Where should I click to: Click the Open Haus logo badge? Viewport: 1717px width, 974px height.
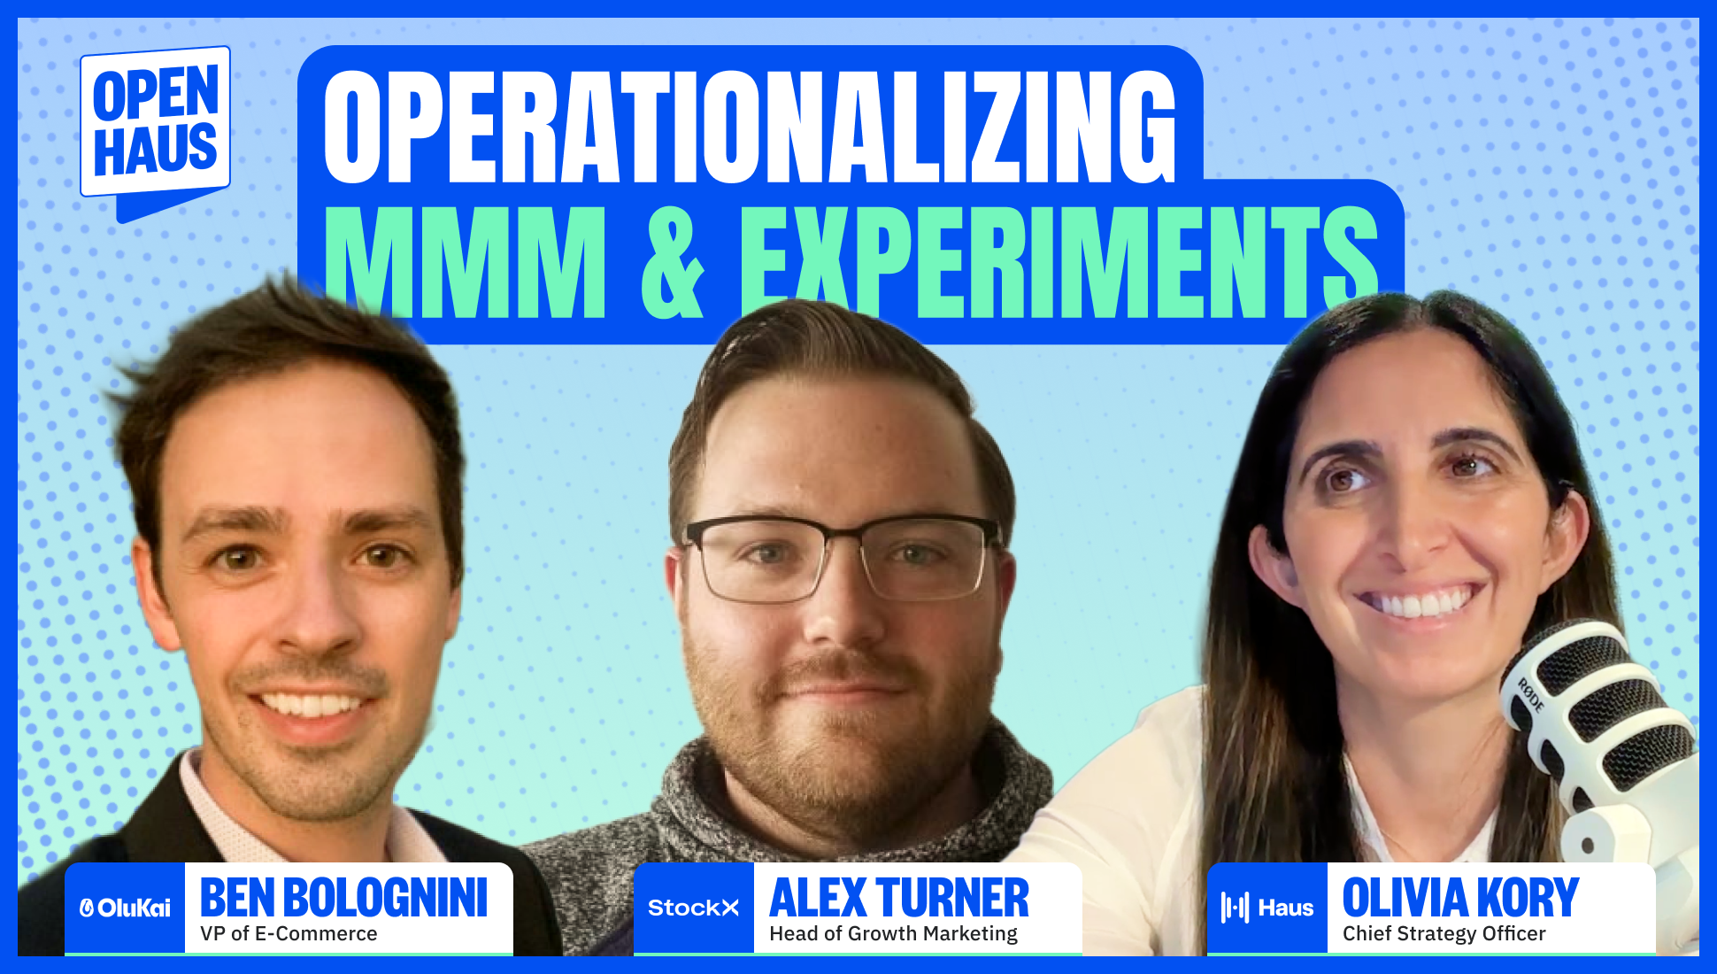(x=156, y=124)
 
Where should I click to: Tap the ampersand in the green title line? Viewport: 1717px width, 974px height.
(x=673, y=263)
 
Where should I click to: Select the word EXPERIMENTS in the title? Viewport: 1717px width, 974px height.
(x=1058, y=263)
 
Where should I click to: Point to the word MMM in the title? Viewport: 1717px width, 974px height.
(x=466, y=263)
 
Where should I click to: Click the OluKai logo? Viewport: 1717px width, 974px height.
(x=125, y=908)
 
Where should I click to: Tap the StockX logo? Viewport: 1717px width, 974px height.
(x=693, y=908)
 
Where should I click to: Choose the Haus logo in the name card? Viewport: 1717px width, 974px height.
(x=1267, y=908)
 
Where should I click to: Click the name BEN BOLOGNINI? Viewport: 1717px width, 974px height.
(x=343, y=898)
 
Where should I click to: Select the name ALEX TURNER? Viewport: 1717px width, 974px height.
(x=899, y=898)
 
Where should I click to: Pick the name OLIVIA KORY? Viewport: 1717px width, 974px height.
(x=1460, y=898)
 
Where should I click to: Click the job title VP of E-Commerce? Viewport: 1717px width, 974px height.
(x=289, y=934)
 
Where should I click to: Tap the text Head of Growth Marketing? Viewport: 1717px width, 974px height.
(x=893, y=934)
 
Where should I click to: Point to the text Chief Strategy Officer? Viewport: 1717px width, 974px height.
(x=1444, y=934)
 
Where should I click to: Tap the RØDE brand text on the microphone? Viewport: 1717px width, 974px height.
(x=1530, y=695)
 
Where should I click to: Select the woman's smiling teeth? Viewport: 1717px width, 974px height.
(x=1420, y=604)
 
